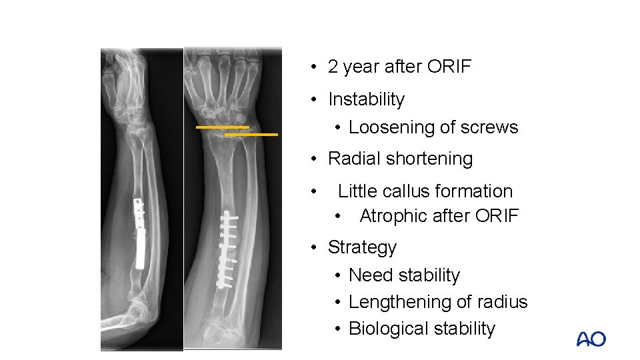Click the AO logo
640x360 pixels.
[x=591, y=339]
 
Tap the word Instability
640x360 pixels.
[x=366, y=99]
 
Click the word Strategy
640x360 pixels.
[x=362, y=247]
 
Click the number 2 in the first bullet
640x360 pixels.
[x=333, y=67]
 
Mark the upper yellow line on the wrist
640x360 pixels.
[x=222, y=127]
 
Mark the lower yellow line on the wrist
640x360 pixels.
[x=251, y=135]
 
